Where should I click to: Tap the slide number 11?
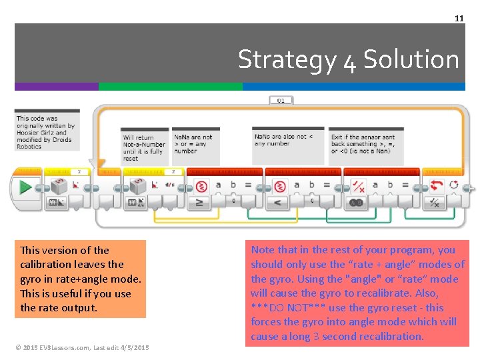point(459,18)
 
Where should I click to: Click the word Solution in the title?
point(411,59)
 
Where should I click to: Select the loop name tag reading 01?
point(281,101)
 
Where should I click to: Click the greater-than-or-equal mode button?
point(199,201)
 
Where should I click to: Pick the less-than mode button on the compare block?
point(277,201)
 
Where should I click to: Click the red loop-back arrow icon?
point(437,185)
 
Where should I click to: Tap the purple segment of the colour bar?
point(57,87)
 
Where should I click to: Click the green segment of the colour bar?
point(170,87)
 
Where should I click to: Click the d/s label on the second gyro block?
point(170,185)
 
